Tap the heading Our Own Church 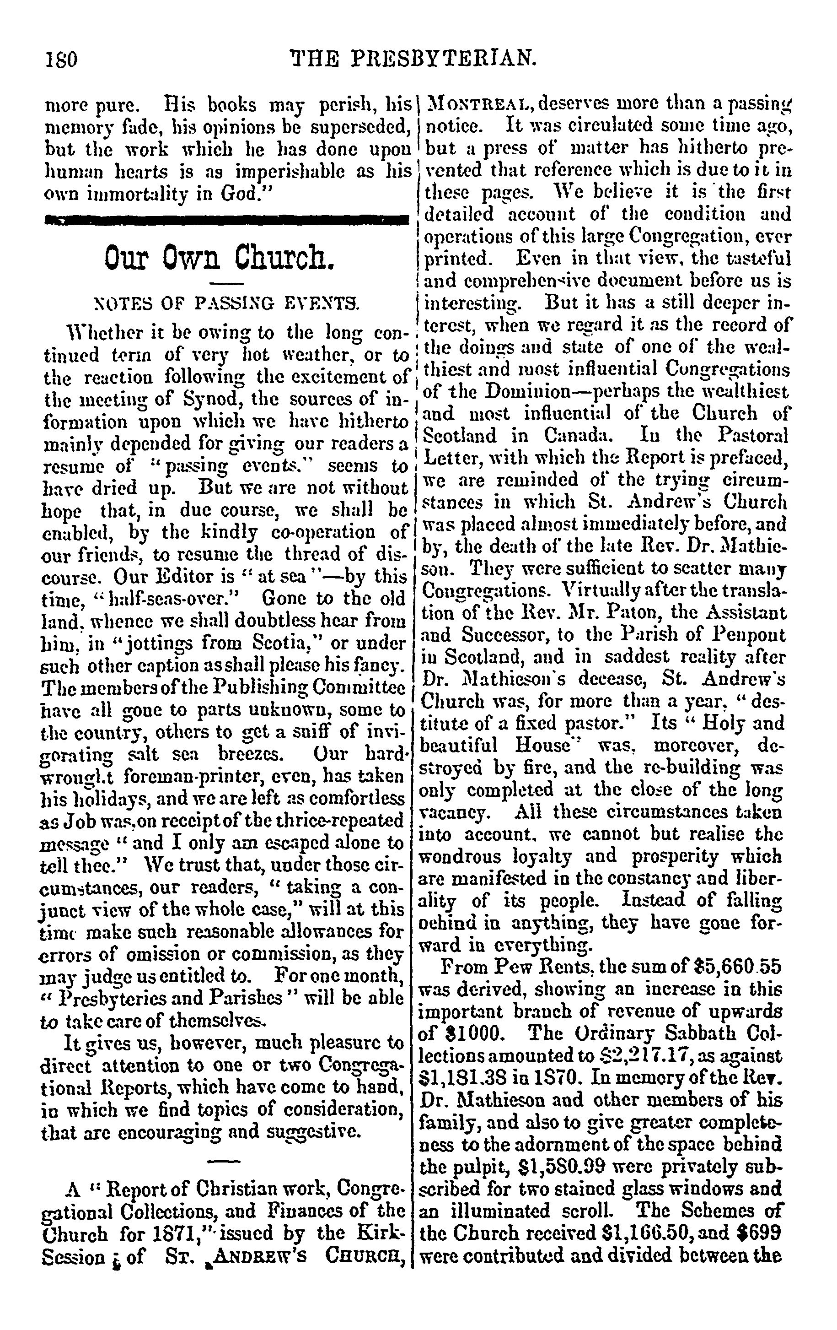(x=219, y=257)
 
